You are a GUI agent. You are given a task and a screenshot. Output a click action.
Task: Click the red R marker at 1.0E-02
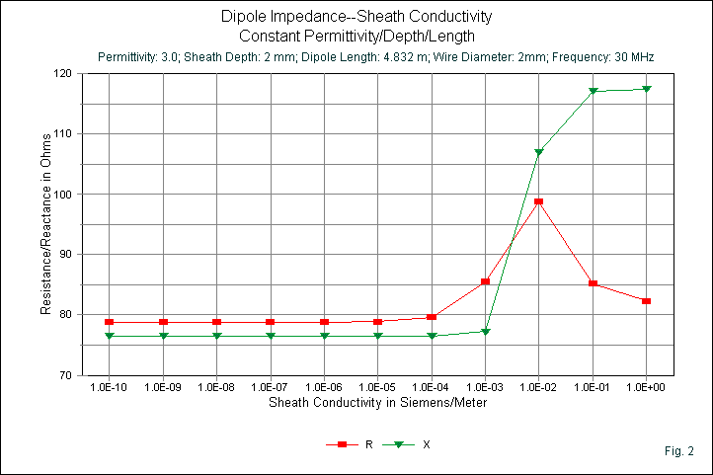point(538,201)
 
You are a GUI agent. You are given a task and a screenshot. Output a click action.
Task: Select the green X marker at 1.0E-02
point(538,152)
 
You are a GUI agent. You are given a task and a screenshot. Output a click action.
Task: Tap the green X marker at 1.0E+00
point(646,89)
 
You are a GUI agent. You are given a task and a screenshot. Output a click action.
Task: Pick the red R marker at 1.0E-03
point(485,281)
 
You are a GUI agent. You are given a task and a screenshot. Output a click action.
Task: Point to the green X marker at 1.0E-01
point(593,91)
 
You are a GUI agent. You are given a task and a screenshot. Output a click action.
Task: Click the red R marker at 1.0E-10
point(110,322)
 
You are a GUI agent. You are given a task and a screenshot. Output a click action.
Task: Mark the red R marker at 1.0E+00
point(646,300)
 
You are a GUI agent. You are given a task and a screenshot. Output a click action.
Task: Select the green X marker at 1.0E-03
point(485,332)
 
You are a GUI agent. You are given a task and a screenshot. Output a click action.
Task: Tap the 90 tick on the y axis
point(66,254)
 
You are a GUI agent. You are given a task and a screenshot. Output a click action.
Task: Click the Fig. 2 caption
point(679,451)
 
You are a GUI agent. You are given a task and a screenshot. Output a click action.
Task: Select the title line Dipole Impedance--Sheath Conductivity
point(356,17)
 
